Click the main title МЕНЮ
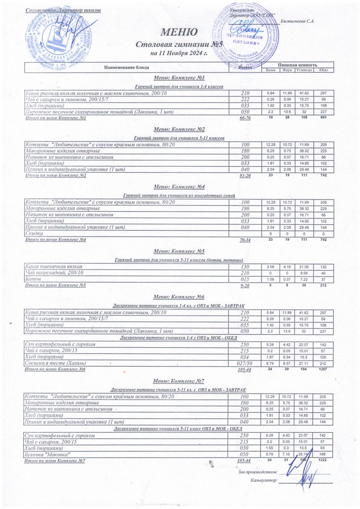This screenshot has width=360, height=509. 179,32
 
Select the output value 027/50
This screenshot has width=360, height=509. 245,363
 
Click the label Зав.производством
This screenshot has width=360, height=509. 256,472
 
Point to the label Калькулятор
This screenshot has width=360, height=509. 264,481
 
